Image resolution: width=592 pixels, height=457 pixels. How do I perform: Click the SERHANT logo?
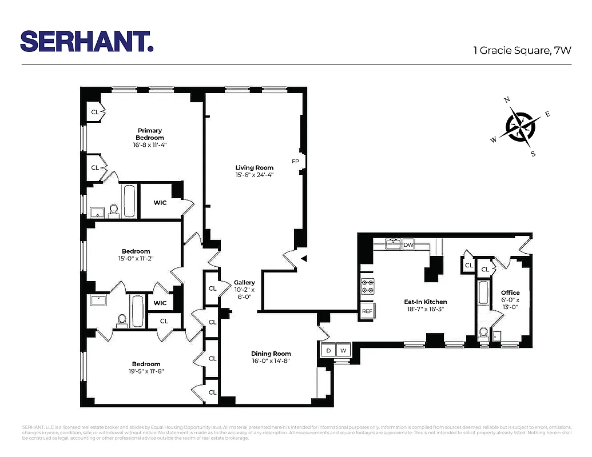point(86,41)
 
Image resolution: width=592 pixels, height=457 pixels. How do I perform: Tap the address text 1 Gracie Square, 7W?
point(522,50)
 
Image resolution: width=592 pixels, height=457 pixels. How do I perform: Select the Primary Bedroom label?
point(149,134)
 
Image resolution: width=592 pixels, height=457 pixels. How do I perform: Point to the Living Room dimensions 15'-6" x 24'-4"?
point(255,175)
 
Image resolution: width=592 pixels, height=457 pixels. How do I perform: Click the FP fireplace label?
point(296,161)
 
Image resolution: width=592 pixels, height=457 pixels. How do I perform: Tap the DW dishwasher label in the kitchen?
point(408,245)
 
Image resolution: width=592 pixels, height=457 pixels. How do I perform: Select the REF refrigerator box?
point(367,312)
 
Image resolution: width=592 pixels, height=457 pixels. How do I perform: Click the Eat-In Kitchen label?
point(425,302)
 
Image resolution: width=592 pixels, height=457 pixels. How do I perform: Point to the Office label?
point(510,292)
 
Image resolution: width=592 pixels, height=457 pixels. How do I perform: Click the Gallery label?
point(244,282)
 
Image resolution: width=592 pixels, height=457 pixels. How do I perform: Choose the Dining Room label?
point(271,354)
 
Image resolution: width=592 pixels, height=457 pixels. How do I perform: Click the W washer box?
point(344,350)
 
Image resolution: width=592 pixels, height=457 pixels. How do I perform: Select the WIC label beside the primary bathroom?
point(160,202)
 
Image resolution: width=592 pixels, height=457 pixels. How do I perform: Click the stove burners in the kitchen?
point(367,286)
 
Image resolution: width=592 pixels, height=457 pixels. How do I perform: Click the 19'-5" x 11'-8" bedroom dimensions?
point(146,371)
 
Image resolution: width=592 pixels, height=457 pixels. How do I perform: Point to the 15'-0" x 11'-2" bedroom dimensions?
point(136,258)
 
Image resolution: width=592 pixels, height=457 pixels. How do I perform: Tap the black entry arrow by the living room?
point(304,258)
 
